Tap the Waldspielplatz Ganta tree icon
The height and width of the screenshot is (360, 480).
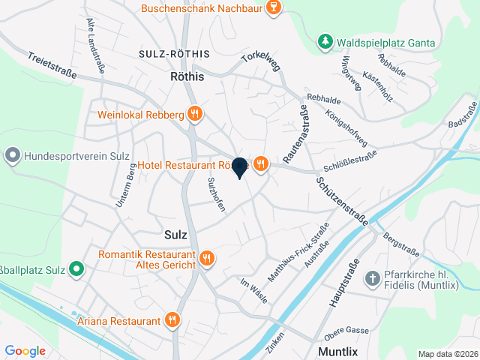(325, 42)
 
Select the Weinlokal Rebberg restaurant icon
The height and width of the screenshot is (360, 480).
(195, 115)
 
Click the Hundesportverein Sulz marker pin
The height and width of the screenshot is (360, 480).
(13, 156)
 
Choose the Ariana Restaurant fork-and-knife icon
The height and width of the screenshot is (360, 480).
(172, 320)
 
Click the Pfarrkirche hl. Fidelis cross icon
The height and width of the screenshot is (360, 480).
(372, 279)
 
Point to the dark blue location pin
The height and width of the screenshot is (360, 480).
(239, 168)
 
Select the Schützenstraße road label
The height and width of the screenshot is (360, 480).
(342, 201)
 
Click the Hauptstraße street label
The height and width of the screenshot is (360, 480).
(343, 283)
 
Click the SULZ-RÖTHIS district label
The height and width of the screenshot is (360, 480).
(174, 55)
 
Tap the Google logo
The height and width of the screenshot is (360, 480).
(25, 350)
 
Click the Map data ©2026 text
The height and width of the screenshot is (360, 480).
(446, 354)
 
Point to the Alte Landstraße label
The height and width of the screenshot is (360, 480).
(95, 46)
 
